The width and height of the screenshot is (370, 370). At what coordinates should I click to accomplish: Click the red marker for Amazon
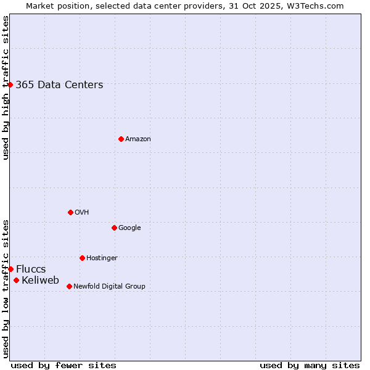coord(121,139)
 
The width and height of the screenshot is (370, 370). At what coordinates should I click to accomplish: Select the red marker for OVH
coord(70,212)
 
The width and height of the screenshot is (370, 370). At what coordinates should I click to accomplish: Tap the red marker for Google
coord(114,228)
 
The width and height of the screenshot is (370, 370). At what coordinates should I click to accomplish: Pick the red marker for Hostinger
coord(82,258)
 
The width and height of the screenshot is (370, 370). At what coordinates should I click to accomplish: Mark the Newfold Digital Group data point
coord(69,286)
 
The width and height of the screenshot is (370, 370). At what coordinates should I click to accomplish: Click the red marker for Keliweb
coord(16,281)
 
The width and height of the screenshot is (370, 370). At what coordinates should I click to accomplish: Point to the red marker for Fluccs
coord(10,269)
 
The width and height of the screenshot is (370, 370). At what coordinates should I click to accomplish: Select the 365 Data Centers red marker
coord(10,84)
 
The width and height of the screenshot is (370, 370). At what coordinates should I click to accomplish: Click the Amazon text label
coord(138,139)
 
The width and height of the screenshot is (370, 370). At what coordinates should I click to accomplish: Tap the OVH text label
coord(82,213)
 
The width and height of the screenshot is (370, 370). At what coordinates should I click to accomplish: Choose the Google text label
coord(129,228)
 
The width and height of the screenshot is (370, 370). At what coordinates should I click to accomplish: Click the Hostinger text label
coord(102,258)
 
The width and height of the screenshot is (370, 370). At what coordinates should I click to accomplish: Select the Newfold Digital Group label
coord(109,286)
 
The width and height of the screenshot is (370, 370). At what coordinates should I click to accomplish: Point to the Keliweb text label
coord(40,281)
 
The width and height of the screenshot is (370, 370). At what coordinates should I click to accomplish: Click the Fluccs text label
coord(31,269)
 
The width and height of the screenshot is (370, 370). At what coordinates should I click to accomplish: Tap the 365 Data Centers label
coord(59,85)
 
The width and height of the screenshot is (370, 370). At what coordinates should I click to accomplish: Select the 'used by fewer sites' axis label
coord(64,365)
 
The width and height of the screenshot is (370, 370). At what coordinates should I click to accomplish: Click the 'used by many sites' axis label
coord(310,365)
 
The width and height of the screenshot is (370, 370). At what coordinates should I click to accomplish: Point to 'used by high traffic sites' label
coord(6,88)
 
